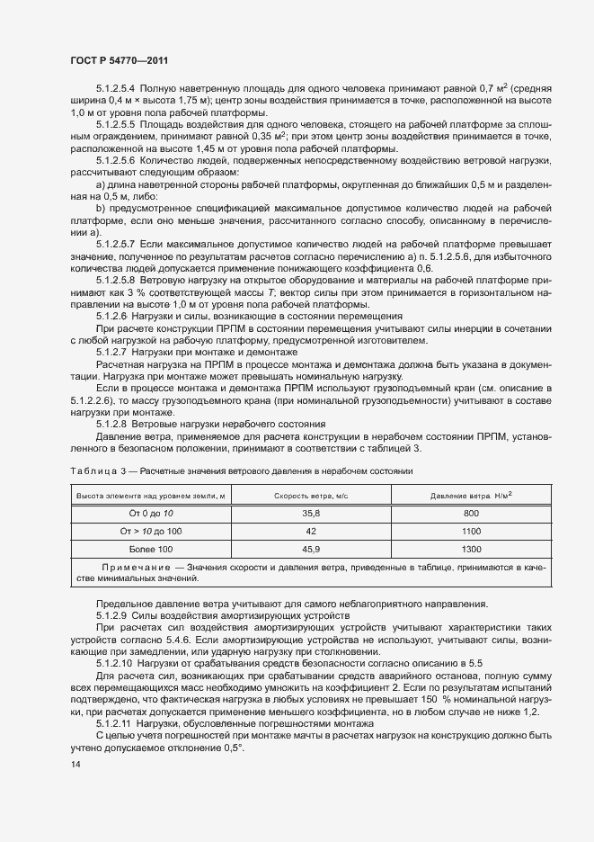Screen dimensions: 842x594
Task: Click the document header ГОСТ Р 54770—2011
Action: click(x=120, y=59)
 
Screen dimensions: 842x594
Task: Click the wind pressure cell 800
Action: click(x=472, y=513)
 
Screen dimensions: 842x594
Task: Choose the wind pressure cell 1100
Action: click(x=472, y=531)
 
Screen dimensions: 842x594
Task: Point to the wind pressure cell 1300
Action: click(x=472, y=549)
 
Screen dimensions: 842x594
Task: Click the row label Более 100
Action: click(x=151, y=549)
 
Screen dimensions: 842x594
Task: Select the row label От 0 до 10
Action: click(x=151, y=513)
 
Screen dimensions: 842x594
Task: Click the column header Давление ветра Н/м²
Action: click(x=472, y=494)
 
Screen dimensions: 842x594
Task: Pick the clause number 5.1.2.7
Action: click(x=110, y=352)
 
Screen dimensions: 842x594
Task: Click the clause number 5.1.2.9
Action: click(x=110, y=614)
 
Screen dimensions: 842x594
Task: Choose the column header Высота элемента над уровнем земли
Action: click(x=151, y=495)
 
